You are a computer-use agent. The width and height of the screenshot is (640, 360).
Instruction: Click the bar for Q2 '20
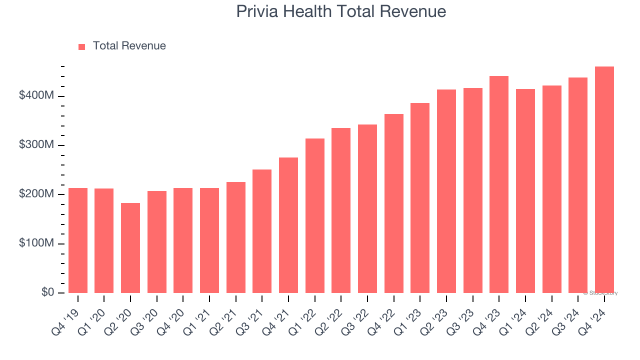(x=130, y=248)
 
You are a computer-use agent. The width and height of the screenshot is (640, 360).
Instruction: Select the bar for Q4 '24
(x=604, y=180)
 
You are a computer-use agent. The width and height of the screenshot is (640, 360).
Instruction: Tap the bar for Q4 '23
(x=499, y=184)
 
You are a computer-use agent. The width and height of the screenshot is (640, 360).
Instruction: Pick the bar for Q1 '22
(x=315, y=216)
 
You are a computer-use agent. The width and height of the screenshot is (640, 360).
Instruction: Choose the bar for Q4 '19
(x=78, y=240)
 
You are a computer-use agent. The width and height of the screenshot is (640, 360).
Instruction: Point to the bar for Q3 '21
(x=262, y=231)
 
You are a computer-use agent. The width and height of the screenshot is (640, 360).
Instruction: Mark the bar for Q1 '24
(x=525, y=191)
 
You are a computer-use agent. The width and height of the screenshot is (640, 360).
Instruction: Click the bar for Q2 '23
(x=446, y=191)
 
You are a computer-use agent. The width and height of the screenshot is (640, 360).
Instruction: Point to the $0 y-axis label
(x=47, y=292)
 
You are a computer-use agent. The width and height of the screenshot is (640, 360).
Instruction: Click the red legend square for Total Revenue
(x=82, y=46)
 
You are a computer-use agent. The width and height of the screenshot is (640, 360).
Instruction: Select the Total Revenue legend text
(x=129, y=46)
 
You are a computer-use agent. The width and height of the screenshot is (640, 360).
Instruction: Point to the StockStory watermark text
(x=601, y=293)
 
